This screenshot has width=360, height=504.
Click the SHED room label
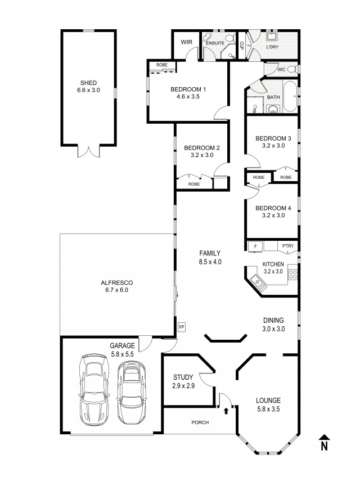point(88,83)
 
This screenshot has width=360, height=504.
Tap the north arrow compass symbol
point(325,443)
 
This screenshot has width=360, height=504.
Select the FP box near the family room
point(182,327)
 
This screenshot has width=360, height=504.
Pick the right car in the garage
point(132,392)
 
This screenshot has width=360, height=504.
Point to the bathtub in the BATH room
point(290,96)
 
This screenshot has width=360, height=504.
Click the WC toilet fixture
point(292,69)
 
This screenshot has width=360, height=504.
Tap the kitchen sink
point(258,282)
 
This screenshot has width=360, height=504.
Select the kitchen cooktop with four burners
point(293,274)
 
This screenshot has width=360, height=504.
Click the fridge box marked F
point(255,246)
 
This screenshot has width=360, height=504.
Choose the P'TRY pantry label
point(288,246)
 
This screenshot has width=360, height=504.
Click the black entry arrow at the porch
point(226,411)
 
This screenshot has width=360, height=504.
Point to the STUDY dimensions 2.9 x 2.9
point(183,386)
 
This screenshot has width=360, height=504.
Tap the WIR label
point(186,42)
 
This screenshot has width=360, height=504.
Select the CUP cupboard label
point(242,46)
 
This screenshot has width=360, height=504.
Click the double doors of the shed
point(89,151)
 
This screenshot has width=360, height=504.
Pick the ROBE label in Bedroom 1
point(162,65)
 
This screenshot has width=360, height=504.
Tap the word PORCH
point(200,422)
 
